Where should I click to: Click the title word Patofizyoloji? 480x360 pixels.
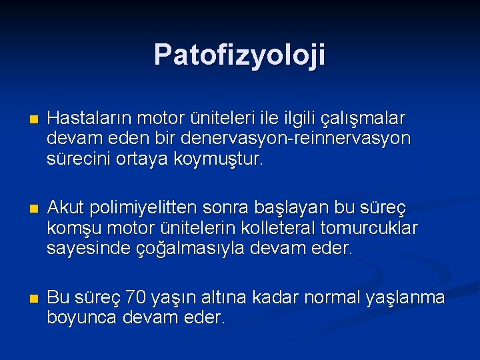click(x=239, y=55)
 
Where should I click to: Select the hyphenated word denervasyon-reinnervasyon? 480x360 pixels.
click(x=297, y=139)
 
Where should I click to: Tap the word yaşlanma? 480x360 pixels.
click(x=406, y=295)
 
